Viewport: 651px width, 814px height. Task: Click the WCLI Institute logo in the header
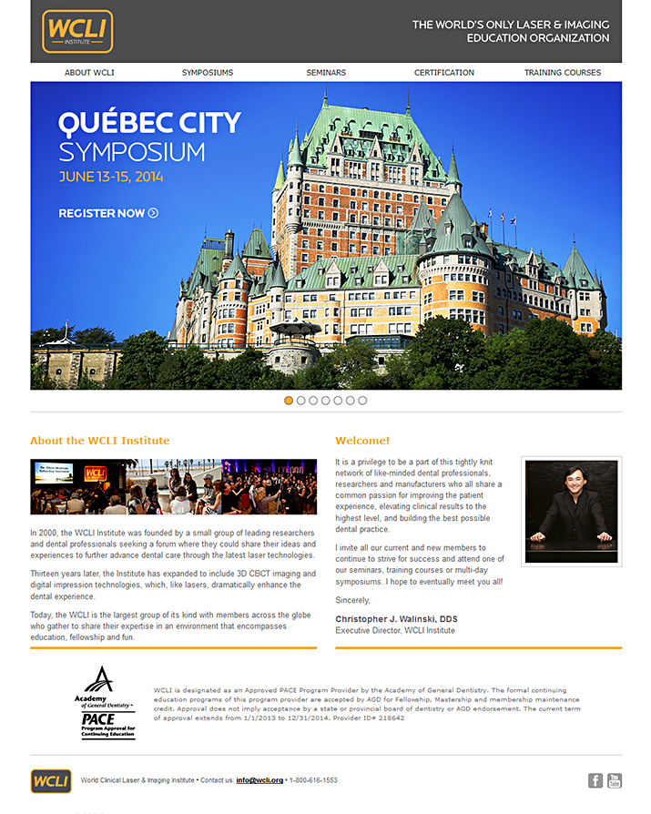pos(77,32)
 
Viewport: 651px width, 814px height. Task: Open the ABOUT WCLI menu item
pos(89,73)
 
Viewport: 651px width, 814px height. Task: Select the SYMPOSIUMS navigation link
pos(207,73)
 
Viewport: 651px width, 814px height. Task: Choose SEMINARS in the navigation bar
pos(326,73)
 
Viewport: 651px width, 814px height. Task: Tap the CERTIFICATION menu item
pos(444,73)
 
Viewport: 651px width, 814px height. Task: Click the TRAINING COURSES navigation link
pos(563,73)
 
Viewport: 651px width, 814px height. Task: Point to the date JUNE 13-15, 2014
pos(111,177)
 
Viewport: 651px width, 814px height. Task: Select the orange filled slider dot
pos(289,401)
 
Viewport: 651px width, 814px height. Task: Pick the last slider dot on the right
pos(362,401)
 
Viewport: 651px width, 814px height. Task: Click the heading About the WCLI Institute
pos(99,441)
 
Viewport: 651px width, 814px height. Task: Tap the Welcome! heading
pos(362,441)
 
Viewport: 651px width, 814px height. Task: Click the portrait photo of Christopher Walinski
pos(571,511)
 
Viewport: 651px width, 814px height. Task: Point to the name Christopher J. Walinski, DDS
pos(396,619)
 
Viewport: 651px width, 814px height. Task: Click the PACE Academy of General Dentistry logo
pos(106,702)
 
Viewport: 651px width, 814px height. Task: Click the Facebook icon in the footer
pos(595,780)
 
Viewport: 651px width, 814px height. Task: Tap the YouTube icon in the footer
pos(615,780)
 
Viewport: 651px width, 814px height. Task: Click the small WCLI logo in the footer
pos(51,780)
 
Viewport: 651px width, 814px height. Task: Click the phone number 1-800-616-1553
pos(313,780)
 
